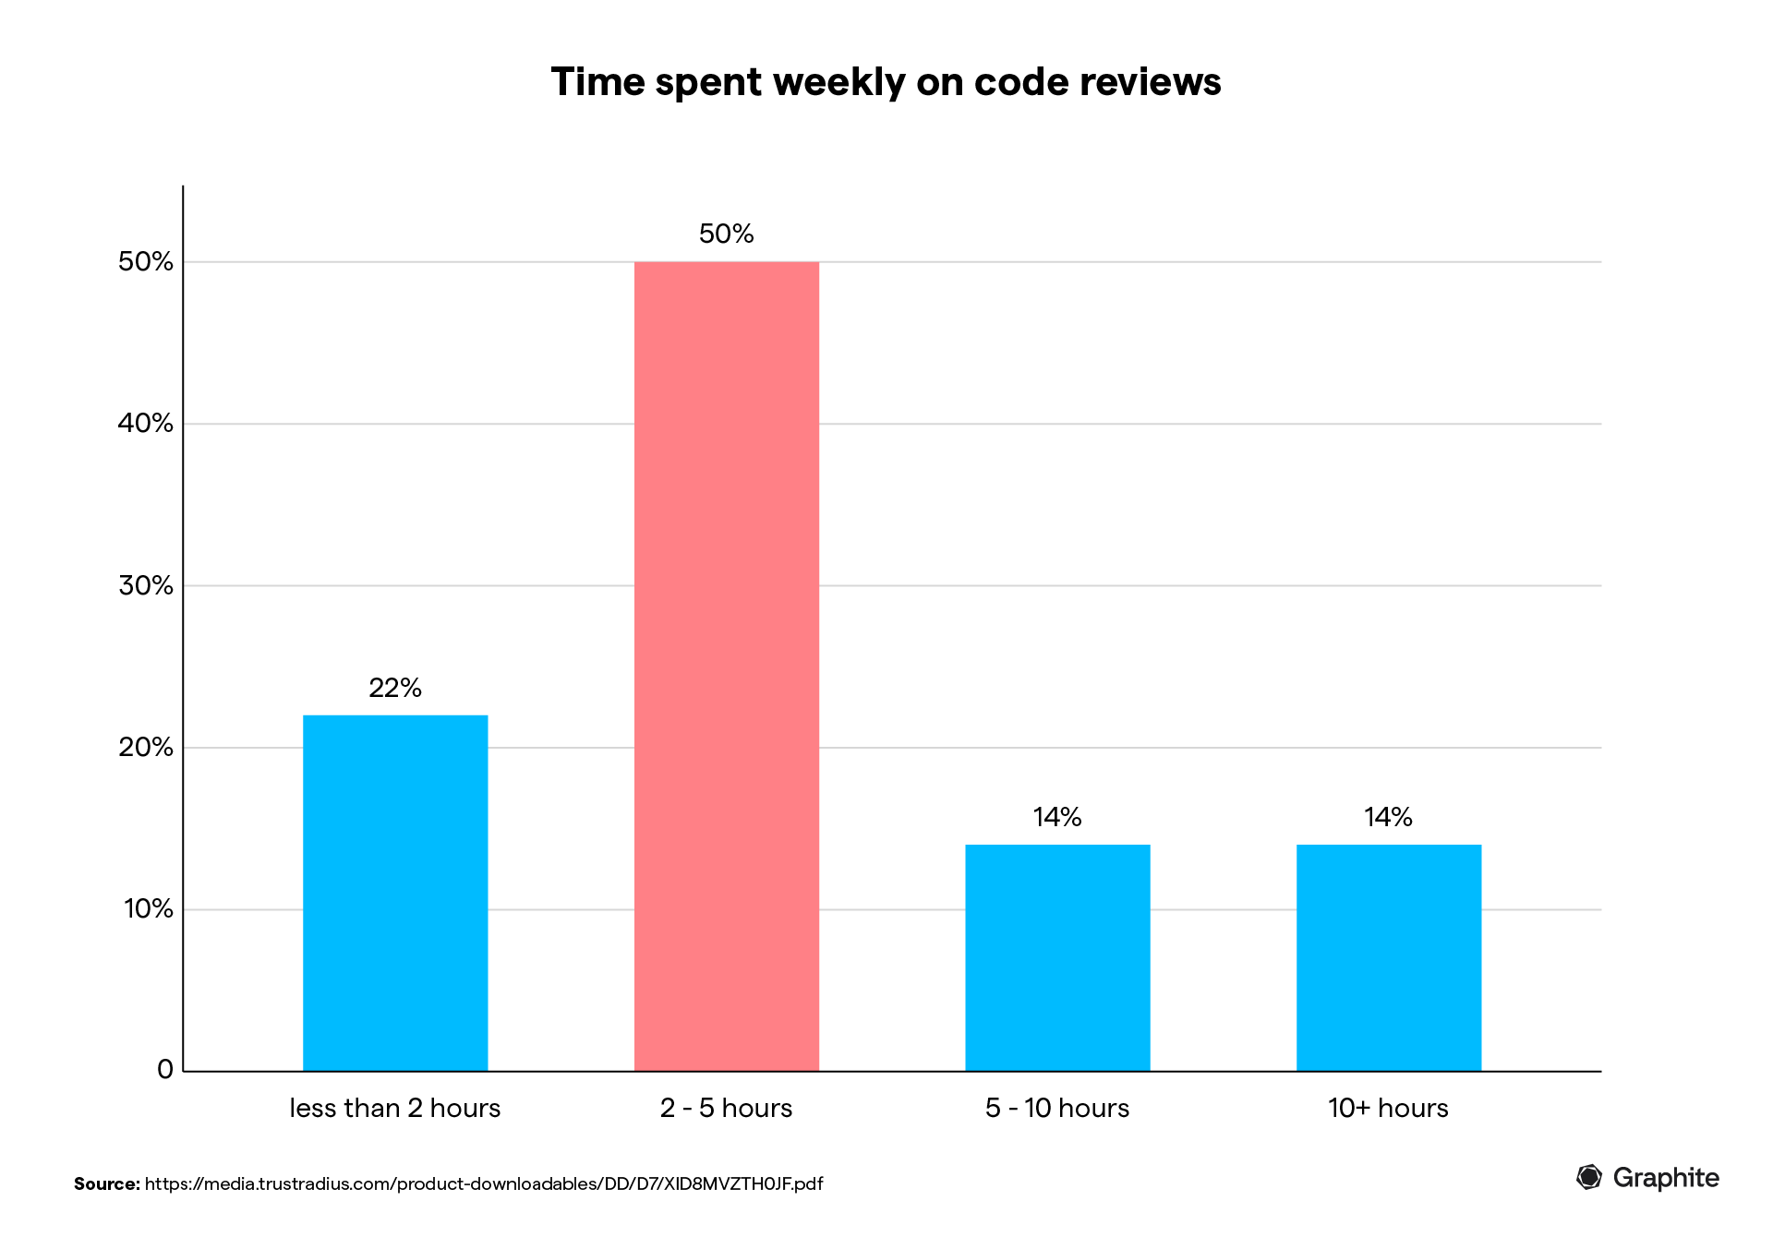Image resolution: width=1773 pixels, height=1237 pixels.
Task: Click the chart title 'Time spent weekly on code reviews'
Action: pos(886,82)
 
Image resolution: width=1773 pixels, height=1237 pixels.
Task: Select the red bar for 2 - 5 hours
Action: pos(726,666)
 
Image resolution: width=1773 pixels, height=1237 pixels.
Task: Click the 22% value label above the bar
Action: pos(395,688)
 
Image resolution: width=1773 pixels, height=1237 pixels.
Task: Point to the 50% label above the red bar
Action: pos(726,234)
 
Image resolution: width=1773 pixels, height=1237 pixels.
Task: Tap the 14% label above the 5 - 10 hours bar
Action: pos(1057,817)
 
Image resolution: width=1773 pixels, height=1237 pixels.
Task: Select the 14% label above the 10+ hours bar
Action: pos(1388,817)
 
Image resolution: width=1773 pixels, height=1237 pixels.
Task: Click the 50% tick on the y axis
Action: pos(146,262)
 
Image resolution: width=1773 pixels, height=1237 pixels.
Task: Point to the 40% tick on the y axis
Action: pos(146,424)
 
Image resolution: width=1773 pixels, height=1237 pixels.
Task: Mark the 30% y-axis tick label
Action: pos(146,585)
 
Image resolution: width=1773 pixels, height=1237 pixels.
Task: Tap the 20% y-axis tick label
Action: pos(146,748)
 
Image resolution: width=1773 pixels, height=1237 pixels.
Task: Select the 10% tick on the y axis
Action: pos(148,909)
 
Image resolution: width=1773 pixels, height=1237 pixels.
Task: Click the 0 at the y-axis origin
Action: pos(165,1070)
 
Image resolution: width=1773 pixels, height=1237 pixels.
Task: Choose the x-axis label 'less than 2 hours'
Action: pos(395,1108)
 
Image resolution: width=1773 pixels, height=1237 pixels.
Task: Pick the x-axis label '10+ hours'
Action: pos(1388,1108)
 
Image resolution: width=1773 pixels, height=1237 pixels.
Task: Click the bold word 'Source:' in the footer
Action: pos(107,1183)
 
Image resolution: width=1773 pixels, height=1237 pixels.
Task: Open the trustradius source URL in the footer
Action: pos(484,1183)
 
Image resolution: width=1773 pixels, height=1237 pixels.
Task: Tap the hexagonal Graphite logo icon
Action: pos(1588,1177)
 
